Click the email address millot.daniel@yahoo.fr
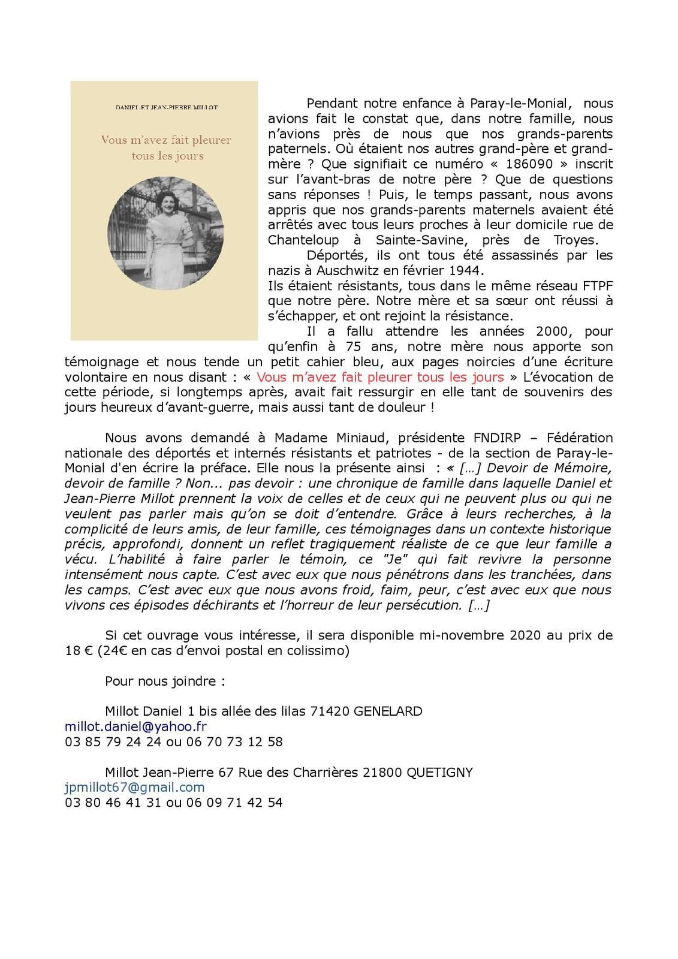click(x=135, y=726)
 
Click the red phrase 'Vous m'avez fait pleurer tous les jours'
click(x=380, y=377)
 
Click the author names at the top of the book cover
click(x=167, y=107)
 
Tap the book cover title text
click(x=166, y=147)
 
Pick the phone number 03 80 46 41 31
click(x=113, y=802)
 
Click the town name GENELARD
click(x=388, y=711)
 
